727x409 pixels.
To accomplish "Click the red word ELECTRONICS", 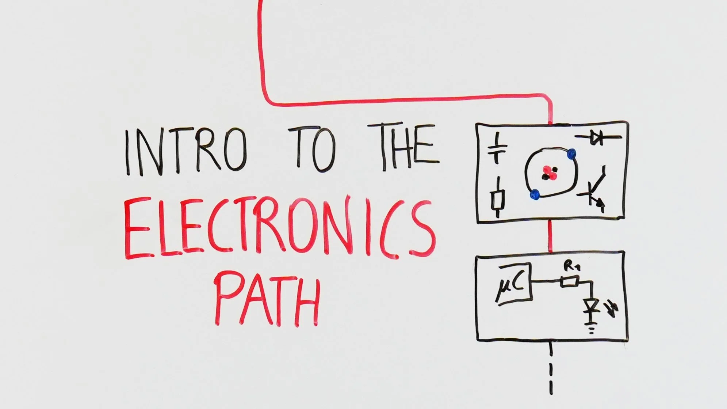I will pyautogui.click(x=279, y=228).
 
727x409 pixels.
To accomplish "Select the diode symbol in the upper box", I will pyautogui.click(x=598, y=138).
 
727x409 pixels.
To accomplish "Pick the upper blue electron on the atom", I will pyautogui.click(x=571, y=154).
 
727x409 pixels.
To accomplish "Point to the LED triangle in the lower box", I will pyautogui.click(x=590, y=305).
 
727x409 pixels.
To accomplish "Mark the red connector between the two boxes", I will pyautogui.click(x=551, y=236).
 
